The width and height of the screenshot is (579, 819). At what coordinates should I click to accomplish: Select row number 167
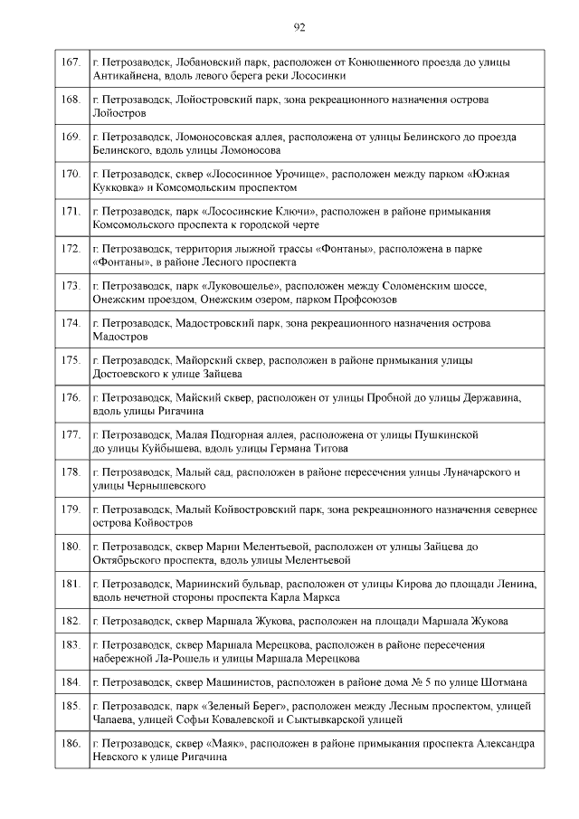click(70, 62)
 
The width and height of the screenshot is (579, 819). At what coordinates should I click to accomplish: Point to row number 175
click(70, 360)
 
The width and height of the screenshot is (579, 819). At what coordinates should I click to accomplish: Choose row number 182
click(70, 621)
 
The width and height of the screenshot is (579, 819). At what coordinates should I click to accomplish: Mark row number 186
click(70, 744)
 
